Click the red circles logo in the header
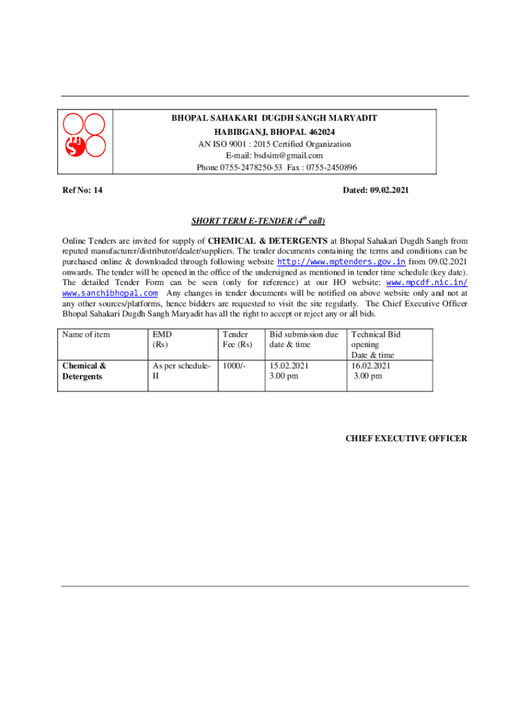click(x=85, y=135)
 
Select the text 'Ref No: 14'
click(x=82, y=190)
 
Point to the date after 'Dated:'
click(x=389, y=190)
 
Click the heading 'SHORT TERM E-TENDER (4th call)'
click(x=257, y=221)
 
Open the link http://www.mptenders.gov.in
click(x=341, y=262)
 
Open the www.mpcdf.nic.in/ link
click(x=427, y=282)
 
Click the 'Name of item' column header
click(x=86, y=335)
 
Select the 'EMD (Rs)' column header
click(x=162, y=339)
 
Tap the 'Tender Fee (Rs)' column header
click(x=237, y=339)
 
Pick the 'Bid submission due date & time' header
click(x=304, y=339)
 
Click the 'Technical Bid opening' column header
click(x=376, y=344)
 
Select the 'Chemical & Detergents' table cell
click(x=84, y=371)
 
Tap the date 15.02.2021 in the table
click(x=289, y=366)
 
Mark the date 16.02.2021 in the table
click(x=371, y=366)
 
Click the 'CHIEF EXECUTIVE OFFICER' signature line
click(x=406, y=439)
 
